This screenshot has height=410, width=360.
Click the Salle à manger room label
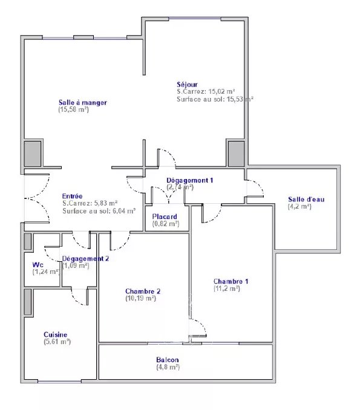(83, 102)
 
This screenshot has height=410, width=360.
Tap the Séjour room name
(187, 84)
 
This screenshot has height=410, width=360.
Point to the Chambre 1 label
(231, 281)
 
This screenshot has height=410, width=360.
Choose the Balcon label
(168, 359)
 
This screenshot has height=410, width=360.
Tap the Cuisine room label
(55, 334)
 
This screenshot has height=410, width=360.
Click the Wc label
(37, 265)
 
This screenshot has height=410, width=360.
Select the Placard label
(165, 216)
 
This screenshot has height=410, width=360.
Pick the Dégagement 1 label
(190, 180)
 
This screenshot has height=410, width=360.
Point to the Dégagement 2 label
(86, 259)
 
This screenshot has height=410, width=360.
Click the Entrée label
(73, 196)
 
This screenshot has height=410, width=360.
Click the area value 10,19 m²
(140, 298)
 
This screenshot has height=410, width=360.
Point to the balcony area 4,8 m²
(168, 367)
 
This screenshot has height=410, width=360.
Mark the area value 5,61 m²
(57, 342)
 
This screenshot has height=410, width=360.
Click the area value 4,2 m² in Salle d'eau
(300, 207)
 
